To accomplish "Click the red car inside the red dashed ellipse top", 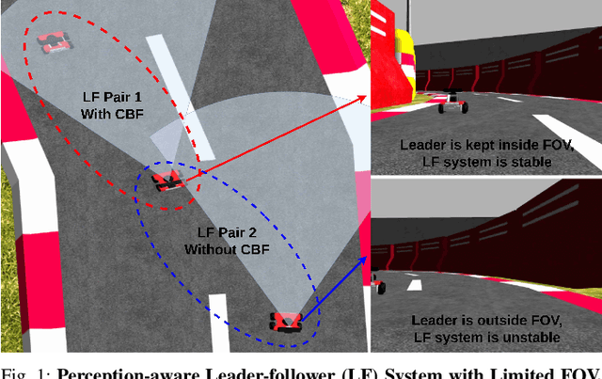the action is (55, 40).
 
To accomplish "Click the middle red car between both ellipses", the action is (167, 181).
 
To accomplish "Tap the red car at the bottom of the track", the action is (285, 322).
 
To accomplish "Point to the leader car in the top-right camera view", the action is (453, 101).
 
